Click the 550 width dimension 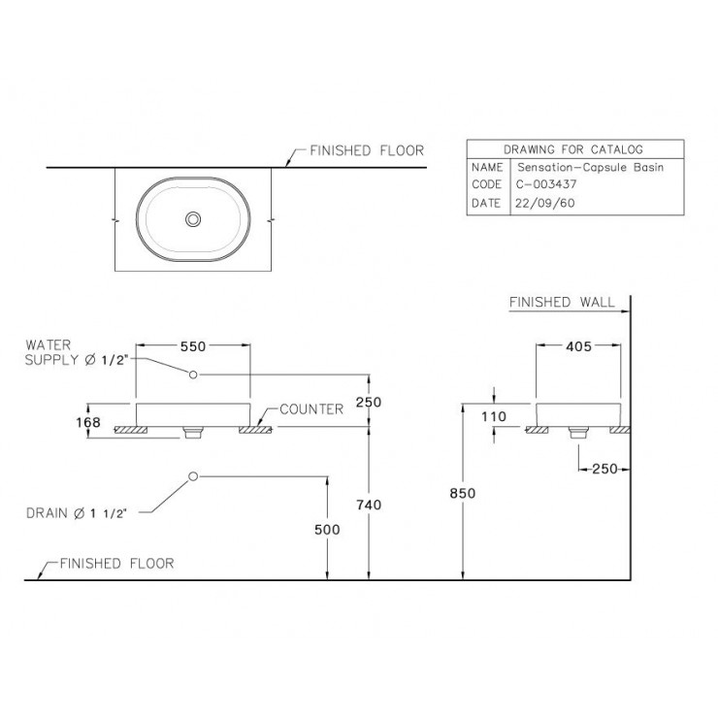(193, 346)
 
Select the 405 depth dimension (579, 346)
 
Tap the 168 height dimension (88, 422)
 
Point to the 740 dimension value (369, 505)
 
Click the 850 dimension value (463, 493)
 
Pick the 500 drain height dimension (327, 530)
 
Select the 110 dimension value (494, 416)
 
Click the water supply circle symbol (193, 375)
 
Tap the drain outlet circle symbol (193, 476)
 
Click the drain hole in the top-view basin (193, 219)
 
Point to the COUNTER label (311, 409)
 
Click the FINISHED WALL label (562, 302)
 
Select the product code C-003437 (546, 184)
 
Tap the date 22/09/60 (545, 203)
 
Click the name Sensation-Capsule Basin (590, 167)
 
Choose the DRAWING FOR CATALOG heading (573, 149)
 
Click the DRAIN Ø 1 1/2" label (76, 513)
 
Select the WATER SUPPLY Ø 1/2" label (76, 352)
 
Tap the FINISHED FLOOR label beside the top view (367, 150)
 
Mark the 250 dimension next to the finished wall (604, 469)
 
